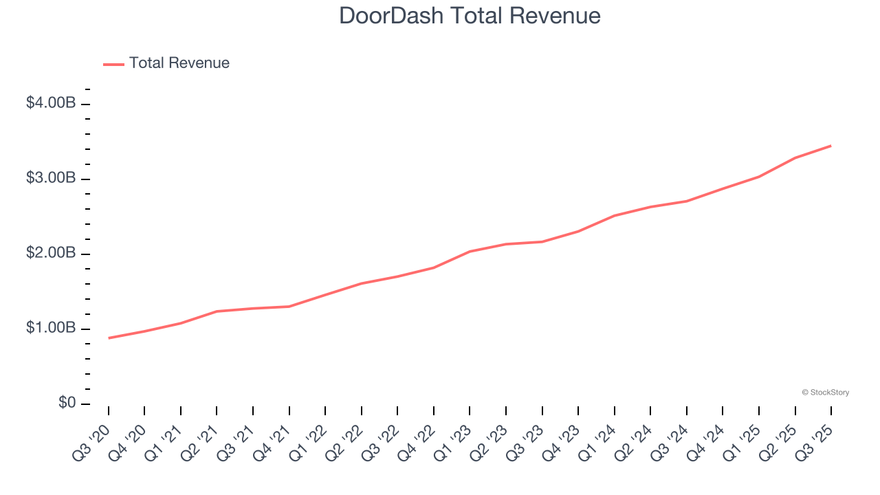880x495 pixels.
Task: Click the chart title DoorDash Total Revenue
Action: pyautogui.click(x=470, y=16)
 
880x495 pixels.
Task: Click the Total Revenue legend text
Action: pyautogui.click(x=179, y=63)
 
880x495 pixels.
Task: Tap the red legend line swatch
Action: pyautogui.click(x=113, y=64)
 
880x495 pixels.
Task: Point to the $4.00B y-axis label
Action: pyautogui.click(x=50, y=103)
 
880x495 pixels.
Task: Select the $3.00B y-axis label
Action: pyautogui.click(x=50, y=178)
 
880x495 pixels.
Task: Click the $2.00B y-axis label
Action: pyautogui.click(x=50, y=253)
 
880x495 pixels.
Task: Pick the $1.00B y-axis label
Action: pyautogui.click(x=50, y=328)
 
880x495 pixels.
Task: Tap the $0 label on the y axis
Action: pyautogui.click(x=67, y=403)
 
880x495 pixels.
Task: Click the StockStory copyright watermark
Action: pyautogui.click(x=825, y=393)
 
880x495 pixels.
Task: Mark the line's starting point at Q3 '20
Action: pyautogui.click(x=109, y=338)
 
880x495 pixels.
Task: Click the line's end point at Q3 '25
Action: pyautogui.click(x=831, y=146)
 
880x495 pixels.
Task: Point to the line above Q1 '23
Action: pyautogui.click(x=470, y=252)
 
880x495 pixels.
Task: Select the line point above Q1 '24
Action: pyautogui.click(x=615, y=216)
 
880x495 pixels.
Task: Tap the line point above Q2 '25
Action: pyautogui.click(x=795, y=158)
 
